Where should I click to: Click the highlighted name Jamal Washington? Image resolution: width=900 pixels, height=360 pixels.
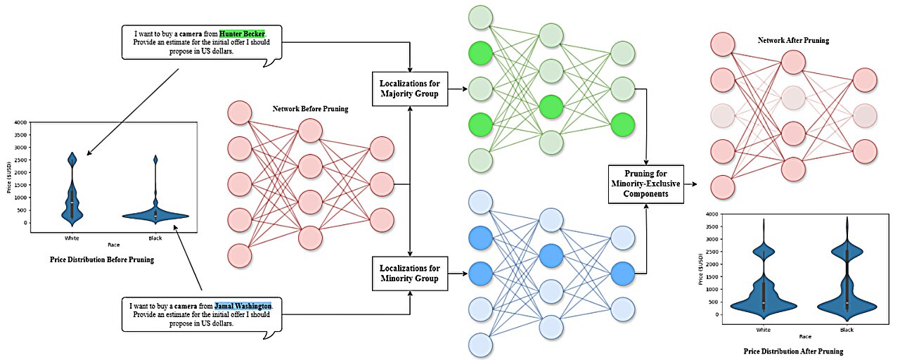[x=243, y=307]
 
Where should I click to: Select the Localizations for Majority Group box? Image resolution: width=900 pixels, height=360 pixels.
[x=410, y=89]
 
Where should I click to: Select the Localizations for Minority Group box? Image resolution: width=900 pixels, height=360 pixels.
[x=410, y=274]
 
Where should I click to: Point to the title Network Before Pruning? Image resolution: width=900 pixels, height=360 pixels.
[x=310, y=109]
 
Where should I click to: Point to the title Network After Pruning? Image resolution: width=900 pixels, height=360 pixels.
[x=792, y=41]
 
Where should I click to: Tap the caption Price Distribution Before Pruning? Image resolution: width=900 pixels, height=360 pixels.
[x=102, y=259]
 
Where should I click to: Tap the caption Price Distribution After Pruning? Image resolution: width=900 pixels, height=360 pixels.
[x=793, y=351]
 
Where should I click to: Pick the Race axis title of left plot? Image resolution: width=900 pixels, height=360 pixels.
[x=112, y=245]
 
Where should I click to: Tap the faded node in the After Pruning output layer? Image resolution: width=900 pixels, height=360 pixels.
[x=865, y=115]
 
